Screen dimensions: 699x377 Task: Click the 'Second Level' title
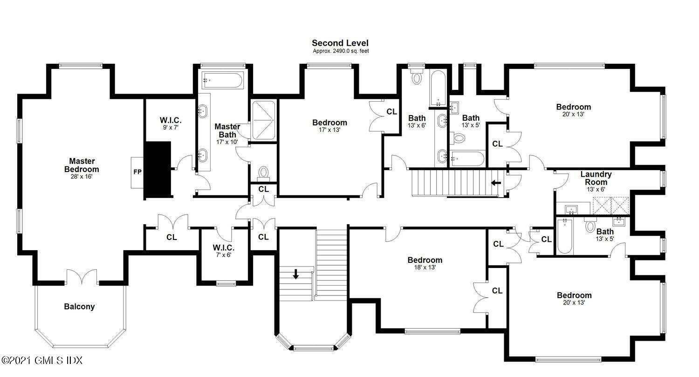coord(340,43)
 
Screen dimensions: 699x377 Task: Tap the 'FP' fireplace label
coord(137,172)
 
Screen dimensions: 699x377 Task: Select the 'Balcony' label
coord(79,307)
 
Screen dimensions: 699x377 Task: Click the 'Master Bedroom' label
coord(82,165)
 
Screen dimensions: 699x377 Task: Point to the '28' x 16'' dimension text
coord(82,177)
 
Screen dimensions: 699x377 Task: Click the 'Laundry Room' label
coord(596,178)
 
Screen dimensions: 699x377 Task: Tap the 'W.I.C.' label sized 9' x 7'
coord(171,120)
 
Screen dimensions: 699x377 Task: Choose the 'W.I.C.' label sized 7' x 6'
coord(224,248)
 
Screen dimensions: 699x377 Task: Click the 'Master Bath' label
coord(227,131)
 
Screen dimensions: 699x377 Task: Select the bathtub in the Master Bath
coord(222,80)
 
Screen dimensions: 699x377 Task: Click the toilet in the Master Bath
coord(264,174)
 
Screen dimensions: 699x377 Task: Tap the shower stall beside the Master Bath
coord(264,120)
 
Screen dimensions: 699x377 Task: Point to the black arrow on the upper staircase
coord(496,183)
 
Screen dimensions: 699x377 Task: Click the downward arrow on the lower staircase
coord(296,274)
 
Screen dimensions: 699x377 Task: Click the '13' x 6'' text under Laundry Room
coord(596,190)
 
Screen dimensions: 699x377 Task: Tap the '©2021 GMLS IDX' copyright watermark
coord(42,361)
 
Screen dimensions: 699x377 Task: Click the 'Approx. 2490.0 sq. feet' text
coord(341,51)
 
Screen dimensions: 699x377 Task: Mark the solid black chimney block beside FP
coord(158,169)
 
